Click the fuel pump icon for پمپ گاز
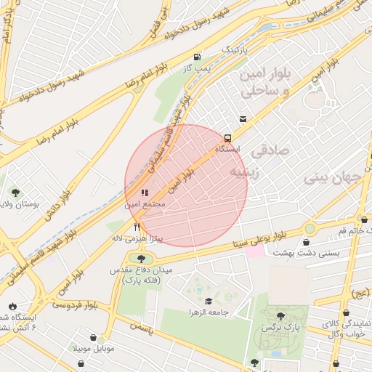point(197,57)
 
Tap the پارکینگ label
point(235,49)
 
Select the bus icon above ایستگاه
point(227,137)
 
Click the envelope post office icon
point(242,119)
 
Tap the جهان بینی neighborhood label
point(331,177)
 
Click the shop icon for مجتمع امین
point(144,193)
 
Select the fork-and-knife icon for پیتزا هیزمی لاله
point(137,227)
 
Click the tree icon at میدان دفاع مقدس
point(141,258)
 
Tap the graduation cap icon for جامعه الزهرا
point(209,302)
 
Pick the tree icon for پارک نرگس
point(280,316)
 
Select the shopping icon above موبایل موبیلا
point(94,337)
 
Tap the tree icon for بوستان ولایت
point(15,193)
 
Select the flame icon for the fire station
point(12,305)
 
